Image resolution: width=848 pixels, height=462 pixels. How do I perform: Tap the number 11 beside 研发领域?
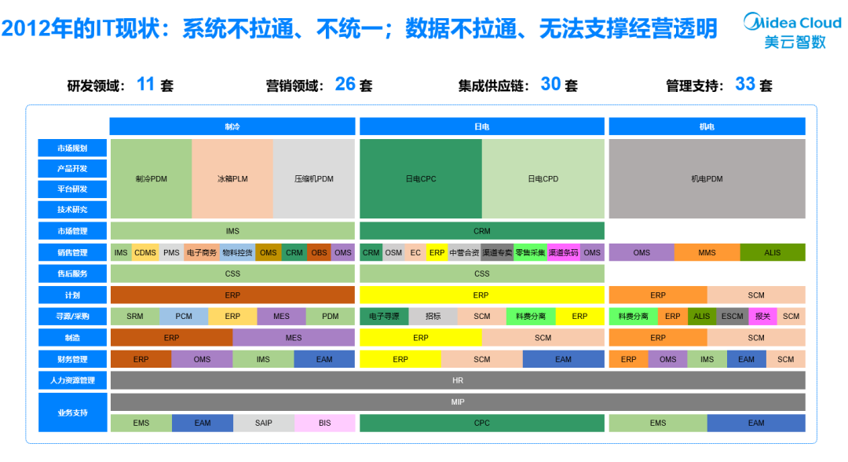pos(146,84)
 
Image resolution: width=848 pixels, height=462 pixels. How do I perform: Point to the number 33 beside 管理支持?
pos(744,84)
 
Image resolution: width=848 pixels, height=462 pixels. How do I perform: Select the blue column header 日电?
pos(482,126)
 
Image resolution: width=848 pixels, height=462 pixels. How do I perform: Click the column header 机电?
pos(707,126)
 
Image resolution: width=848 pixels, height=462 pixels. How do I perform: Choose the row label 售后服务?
pos(72,274)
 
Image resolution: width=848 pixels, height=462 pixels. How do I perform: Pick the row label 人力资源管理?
pos(72,380)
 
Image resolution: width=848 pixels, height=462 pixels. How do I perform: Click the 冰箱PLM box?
pos(232,179)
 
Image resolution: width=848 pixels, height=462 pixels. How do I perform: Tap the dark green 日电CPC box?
pos(421,179)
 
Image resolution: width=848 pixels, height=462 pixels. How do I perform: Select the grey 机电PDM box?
pos(707,179)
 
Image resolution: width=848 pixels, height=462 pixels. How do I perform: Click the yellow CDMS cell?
pos(145,253)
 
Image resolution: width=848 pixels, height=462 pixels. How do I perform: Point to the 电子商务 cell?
pos(201,253)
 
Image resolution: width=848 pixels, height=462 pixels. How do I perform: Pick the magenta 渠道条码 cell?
pos(563,253)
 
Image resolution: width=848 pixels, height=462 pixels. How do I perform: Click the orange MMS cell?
pos(707,253)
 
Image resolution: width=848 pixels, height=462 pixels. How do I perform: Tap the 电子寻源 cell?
pos(384,317)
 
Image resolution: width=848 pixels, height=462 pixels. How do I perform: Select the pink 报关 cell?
pos(762,317)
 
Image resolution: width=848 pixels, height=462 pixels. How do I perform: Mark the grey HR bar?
pos(458,380)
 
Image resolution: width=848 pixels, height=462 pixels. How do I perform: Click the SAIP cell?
pos(264,423)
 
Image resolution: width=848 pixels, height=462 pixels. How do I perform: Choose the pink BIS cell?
pos(324,423)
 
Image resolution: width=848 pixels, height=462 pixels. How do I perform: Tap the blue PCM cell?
pos(184,317)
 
